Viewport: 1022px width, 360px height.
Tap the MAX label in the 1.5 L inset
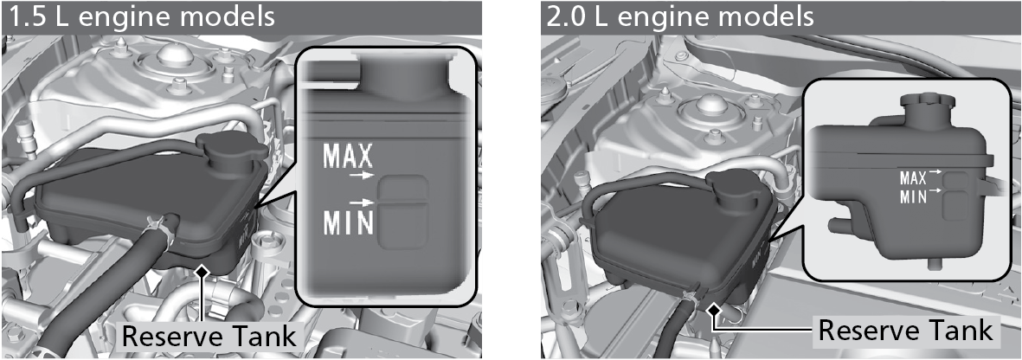348,157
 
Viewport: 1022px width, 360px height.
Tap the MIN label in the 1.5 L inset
348,222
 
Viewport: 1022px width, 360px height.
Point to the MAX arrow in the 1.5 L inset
363,176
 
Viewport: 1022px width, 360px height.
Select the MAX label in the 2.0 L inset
912,178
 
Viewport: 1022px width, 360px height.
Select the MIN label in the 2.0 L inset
912,196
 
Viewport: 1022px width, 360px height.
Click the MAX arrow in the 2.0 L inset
935,171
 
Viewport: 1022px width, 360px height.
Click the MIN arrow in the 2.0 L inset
935,190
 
